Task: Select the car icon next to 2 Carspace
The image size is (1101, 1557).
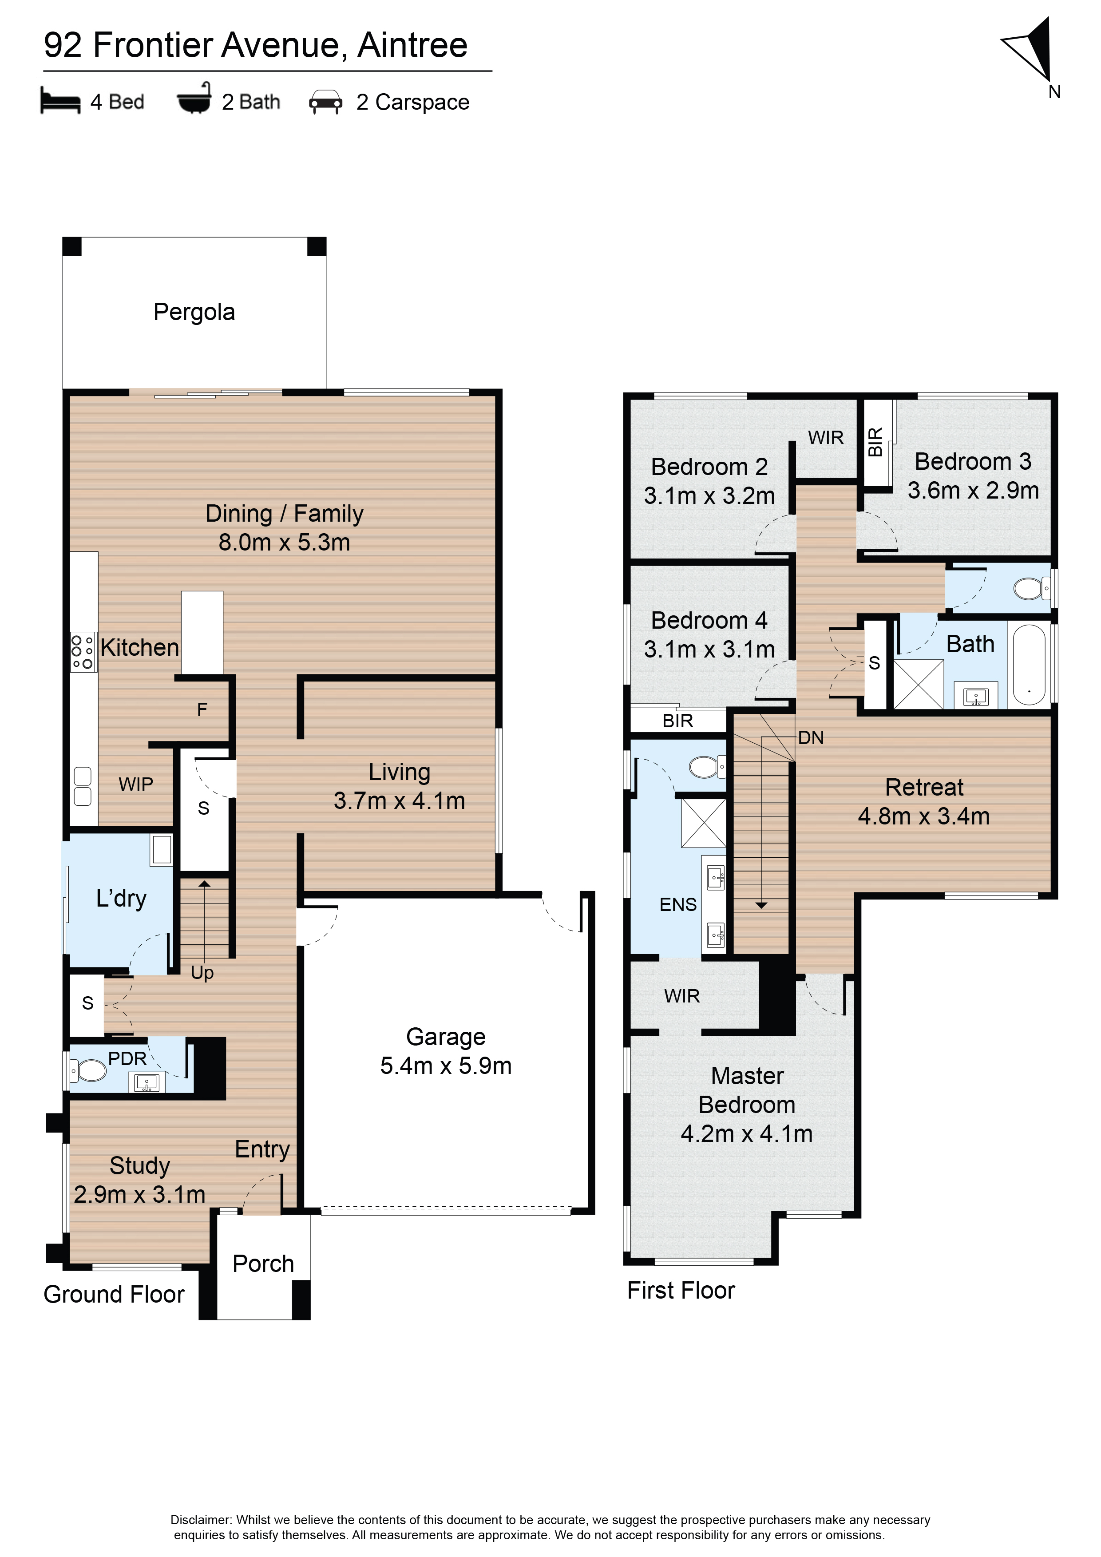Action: tap(325, 102)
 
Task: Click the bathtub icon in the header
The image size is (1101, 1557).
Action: tap(194, 98)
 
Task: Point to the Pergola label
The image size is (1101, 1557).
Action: tap(194, 312)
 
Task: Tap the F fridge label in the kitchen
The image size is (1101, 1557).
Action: tap(202, 709)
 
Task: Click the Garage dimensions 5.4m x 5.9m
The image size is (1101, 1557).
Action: tap(445, 1066)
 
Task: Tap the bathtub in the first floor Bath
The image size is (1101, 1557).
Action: tap(1029, 665)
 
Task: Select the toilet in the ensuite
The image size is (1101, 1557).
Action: tap(708, 767)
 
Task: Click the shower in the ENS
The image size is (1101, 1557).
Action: tap(704, 823)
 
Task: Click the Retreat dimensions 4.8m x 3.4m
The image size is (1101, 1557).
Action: tap(923, 816)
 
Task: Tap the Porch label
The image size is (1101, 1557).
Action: tap(263, 1264)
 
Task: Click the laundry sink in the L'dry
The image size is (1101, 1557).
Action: tap(162, 850)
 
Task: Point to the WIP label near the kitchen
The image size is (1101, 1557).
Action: tap(135, 784)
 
